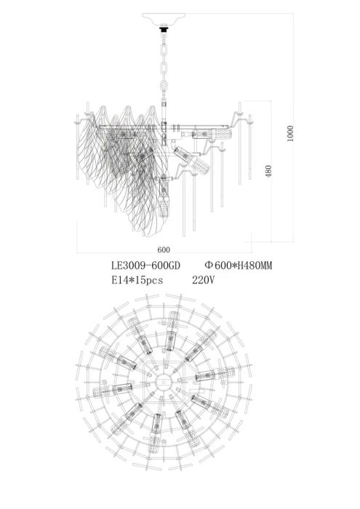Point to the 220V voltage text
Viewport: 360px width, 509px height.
pyautogui.click(x=204, y=279)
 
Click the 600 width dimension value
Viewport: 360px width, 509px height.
pyautogui.click(x=164, y=249)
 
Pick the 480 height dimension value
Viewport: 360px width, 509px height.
pyautogui.click(x=268, y=172)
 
